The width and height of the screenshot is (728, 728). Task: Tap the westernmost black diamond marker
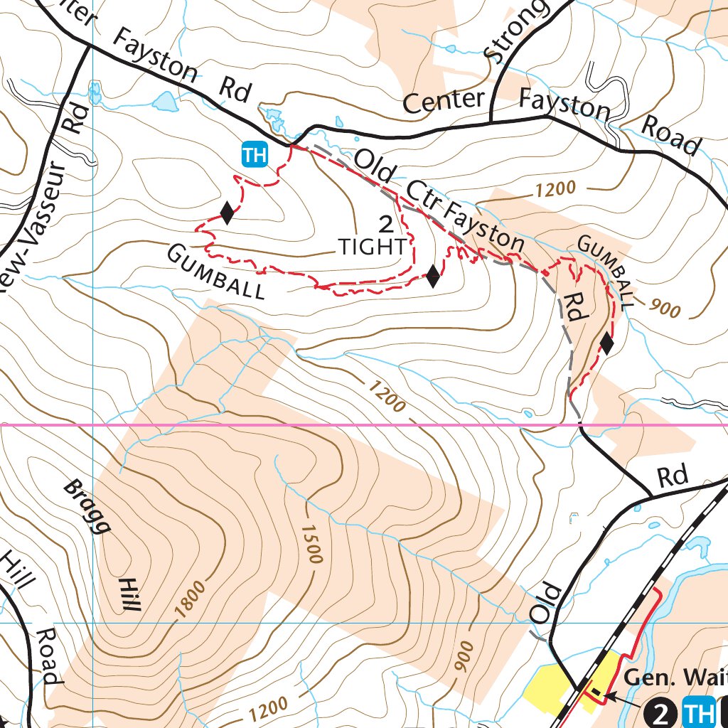[x=226, y=213]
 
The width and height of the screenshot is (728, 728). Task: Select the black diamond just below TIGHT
[x=432, y=277]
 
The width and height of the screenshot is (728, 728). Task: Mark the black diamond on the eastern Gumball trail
[x=606, y=343]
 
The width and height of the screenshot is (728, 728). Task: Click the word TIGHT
[x=373, y=247]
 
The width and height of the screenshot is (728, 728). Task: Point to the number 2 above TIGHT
[x=386, y=225]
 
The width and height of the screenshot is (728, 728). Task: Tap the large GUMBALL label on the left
[x=216, y=272]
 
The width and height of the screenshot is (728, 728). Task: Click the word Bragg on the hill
[x=87, y=506]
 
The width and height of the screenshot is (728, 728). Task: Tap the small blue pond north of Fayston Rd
[x=165, y=102]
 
